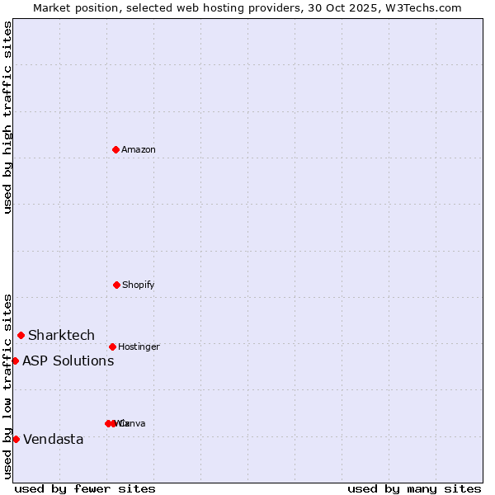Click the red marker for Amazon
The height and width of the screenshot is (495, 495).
tap(115, 149)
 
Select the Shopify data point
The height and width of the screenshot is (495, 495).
tap(116, 285)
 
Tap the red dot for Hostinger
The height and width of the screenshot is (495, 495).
tap(112, 346)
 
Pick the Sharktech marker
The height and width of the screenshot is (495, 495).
tap(21, 335)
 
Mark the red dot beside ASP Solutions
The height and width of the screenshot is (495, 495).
tap(15, 361)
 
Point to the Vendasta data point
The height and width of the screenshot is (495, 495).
tap(16, 439)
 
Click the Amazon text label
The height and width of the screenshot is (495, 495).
tap(139, 149)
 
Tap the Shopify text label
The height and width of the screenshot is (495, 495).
tap(139, 285)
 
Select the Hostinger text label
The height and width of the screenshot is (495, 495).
tap(139, 346)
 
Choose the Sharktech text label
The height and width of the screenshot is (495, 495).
tap(62, 335)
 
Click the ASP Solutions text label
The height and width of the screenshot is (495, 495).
tap(68, 361)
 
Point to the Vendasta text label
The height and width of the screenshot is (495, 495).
tap(54, 439)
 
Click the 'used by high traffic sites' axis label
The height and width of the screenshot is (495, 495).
tap(7, 117)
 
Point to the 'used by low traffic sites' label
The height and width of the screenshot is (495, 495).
tap(7, 386)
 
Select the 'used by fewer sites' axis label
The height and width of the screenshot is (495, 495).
tap(85, 488)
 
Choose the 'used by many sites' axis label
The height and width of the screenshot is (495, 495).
tap(414, 488)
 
